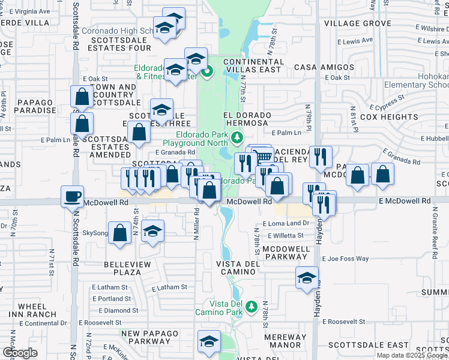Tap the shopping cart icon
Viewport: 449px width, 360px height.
click(x=263, y=158)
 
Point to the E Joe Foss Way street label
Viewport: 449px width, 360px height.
click(x=345, y=259)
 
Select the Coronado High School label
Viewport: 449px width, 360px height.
click(x=118, y=31)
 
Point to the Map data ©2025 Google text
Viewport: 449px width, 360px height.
click(x=412, y=355)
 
